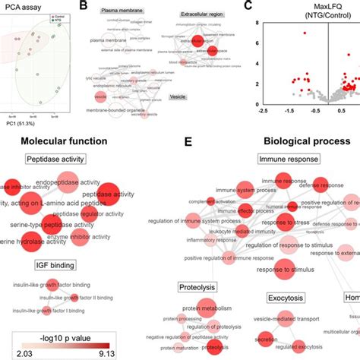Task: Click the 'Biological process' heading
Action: point(305,141)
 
